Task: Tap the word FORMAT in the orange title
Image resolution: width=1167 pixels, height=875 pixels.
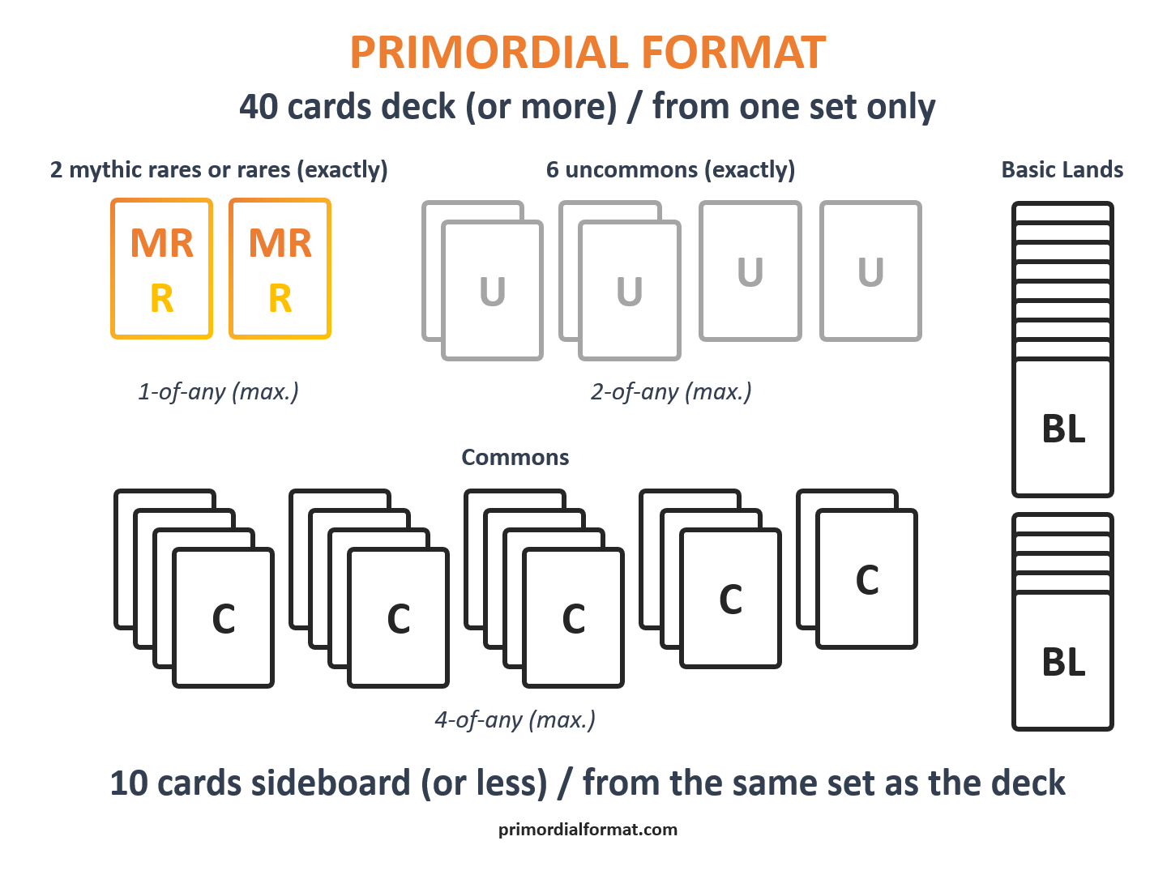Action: point(733,53)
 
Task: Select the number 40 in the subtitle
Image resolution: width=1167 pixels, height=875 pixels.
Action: point(259,107)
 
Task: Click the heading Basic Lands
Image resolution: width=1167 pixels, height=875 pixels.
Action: point(1062,169)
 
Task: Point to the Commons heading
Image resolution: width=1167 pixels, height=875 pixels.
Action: point(515,457)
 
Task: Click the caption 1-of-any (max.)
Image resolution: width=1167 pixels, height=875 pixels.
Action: point(218,391)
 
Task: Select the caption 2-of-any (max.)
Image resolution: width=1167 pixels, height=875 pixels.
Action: point(671,391)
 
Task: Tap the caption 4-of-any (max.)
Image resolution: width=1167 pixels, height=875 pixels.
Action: point(515,720)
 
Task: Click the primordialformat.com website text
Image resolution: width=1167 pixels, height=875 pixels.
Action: point(588,830)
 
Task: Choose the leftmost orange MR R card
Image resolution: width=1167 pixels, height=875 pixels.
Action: point(161,268)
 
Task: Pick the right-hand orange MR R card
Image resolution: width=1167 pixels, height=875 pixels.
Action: point(280,268)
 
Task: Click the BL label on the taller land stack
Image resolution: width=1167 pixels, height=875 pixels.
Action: point(1063,429)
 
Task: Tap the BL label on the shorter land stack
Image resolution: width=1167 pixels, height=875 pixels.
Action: point(1063,662)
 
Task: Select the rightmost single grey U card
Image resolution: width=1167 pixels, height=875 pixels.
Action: point(871,271)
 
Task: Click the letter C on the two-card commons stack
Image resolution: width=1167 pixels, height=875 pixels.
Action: point(867,579)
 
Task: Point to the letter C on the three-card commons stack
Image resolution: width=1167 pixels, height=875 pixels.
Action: point(730,600)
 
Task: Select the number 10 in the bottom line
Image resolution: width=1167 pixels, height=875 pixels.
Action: point(129,783)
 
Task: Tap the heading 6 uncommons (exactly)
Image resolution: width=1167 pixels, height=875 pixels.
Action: point(670,170)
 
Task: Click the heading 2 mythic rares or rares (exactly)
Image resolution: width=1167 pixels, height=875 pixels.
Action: point(219,170)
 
